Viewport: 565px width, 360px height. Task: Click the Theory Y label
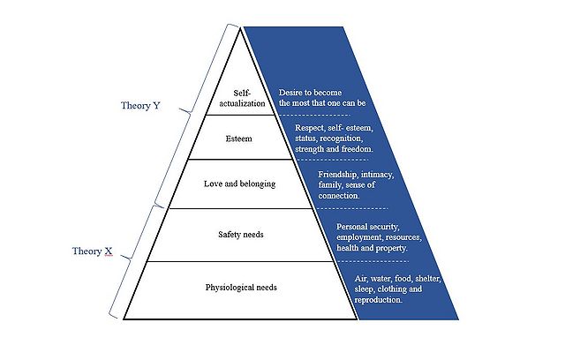pyautogui.click(x=140, y=106)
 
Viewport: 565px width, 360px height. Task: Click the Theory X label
pyautogui.click(x=92, y=251)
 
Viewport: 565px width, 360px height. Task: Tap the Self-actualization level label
pyautogui.click(x=242, y=98)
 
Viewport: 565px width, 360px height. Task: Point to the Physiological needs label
pyautogui.click(x=242, y=288)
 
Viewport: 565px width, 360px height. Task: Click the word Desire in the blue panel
pyautogui.click(x=293, y=92)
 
